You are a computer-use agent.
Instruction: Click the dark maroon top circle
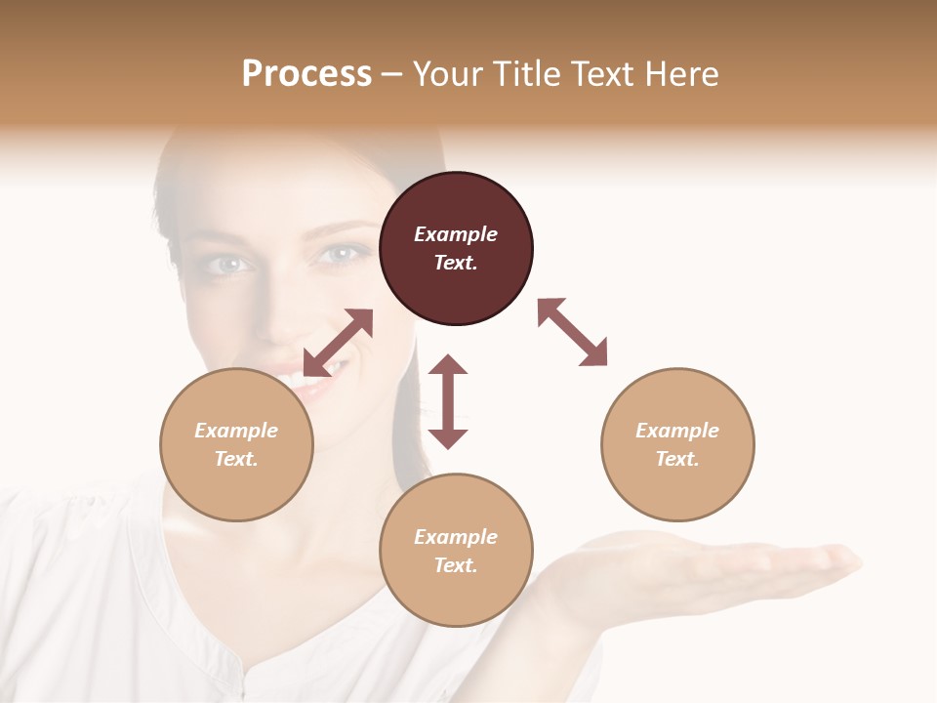coord(456,249)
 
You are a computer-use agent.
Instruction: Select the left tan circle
coord(236,444)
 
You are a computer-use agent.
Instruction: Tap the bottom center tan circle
coord(456,550)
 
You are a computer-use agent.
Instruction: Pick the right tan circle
coord(677,444)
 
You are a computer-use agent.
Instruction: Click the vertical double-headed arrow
coord(448,401)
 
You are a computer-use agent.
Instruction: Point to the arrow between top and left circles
coord(339,342)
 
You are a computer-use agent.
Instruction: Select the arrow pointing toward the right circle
coord(573,332)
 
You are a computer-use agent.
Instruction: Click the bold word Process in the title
coord(306,73)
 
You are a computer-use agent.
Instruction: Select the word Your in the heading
coord(445,73)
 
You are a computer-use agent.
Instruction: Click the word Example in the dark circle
coord(456,234)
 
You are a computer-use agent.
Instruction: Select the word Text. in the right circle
coord(677,459)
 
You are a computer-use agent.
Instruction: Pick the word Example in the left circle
coord(236,431)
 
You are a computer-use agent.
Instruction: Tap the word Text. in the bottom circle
coord(456,565)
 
